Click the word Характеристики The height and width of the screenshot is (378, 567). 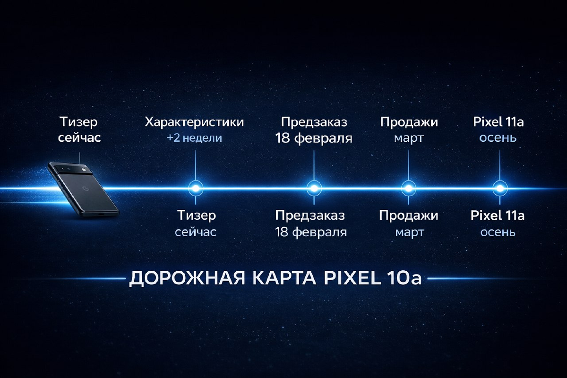point(194,122)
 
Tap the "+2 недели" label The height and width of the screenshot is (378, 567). point(194,138)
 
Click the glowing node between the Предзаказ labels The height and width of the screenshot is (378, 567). point(313,188)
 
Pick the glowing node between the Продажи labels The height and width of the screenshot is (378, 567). point(408,188)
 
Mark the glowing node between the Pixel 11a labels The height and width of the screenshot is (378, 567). point(498,188)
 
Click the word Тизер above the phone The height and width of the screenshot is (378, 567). point(79,122)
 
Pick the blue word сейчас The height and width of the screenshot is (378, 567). point(196,232)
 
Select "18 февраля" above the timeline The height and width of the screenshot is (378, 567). point(314,138)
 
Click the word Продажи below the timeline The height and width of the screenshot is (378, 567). point(409,216)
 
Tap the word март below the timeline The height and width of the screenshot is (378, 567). point(410,232)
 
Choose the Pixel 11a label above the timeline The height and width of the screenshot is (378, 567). point(498,122)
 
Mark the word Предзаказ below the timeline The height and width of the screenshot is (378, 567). point(310,216)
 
